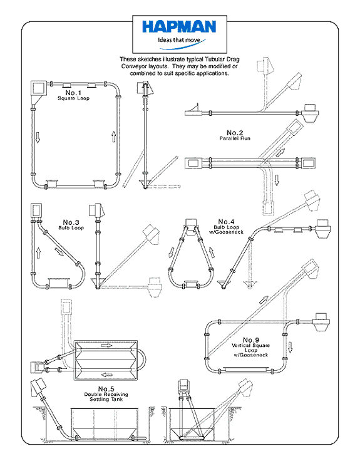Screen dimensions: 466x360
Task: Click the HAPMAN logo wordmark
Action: point(179,26)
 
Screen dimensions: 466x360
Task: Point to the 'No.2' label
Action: point(235,132)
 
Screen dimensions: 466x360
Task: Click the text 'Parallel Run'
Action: point(235,138)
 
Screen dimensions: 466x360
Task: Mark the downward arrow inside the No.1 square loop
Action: point(38,137)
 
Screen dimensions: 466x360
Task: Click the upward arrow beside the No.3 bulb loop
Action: point(37,252)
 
